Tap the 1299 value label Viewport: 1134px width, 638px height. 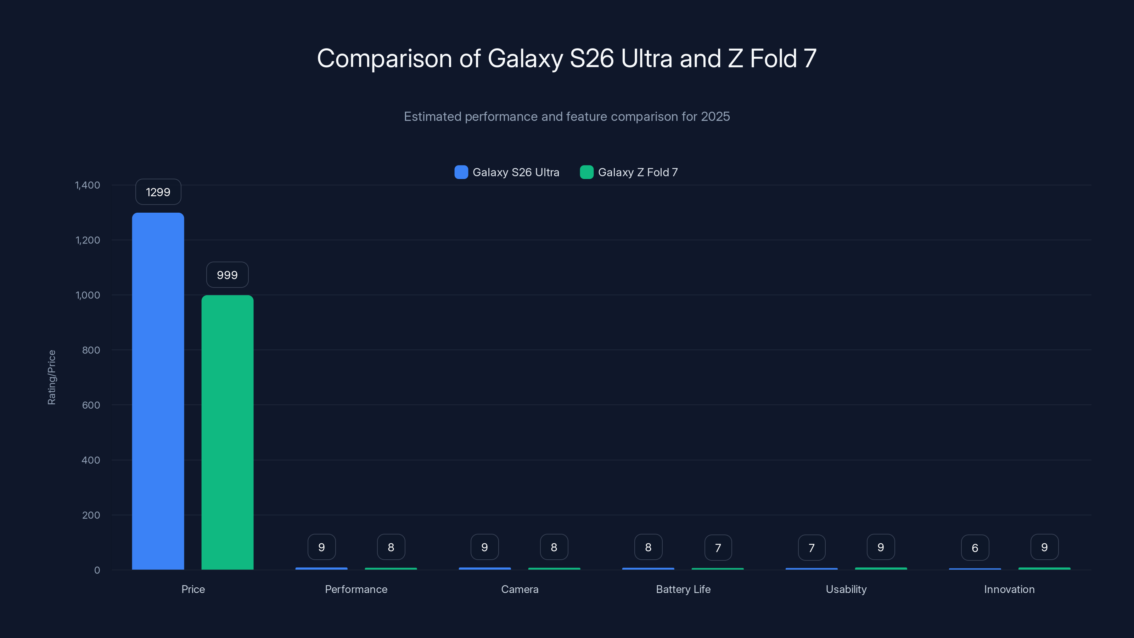[158, 192]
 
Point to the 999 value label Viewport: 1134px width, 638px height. [227, 275]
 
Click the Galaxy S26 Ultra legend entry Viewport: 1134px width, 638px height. [507, 172]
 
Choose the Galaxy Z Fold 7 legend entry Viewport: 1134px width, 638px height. [629, 172]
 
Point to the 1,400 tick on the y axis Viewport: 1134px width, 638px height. [88, 185]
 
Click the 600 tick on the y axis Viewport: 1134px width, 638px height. [91, 405]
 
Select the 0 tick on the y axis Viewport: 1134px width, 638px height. [97, 570]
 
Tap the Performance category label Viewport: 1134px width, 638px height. [356, 589]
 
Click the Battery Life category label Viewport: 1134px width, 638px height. [683, 589]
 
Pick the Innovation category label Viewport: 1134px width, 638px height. [1009, 589]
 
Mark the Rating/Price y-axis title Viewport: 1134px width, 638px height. [51, 377]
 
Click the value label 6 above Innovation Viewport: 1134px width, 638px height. [975, 548]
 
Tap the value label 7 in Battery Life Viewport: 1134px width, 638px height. [718, 548]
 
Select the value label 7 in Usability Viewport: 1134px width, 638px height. [811, 548]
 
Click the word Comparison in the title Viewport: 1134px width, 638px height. [384, 58]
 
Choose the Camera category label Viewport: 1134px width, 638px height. [520, 589]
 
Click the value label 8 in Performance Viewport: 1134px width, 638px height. [391, 547]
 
